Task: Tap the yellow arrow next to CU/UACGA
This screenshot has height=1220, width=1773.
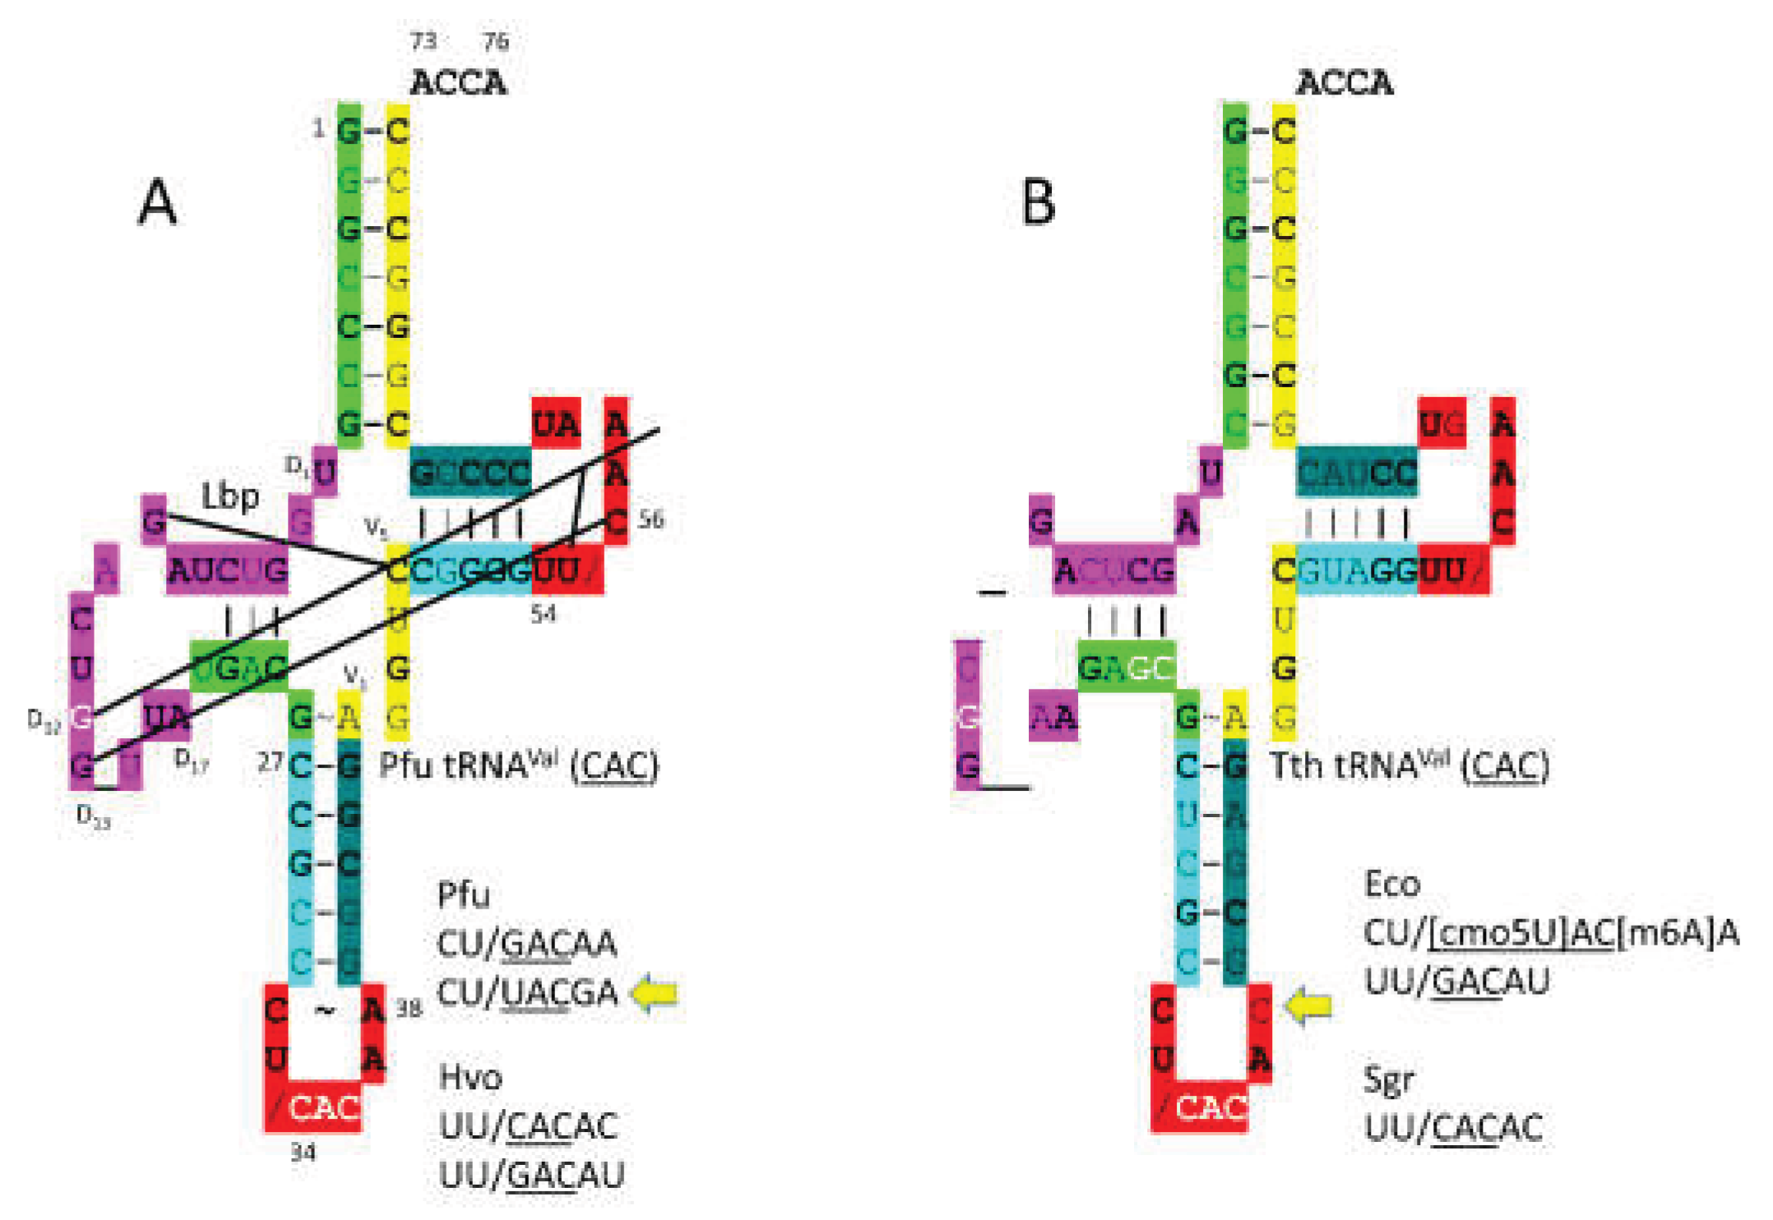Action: [655, 993]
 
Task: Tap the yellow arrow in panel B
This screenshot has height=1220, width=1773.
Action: [1308, 1006]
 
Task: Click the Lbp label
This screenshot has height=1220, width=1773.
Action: [230, 496]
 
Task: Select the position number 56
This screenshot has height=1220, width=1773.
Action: [650, 520]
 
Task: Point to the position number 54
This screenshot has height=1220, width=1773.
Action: [543, 614]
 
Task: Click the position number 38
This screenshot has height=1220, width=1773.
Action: [409, 1009]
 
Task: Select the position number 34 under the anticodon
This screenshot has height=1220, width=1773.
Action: [303, 1153]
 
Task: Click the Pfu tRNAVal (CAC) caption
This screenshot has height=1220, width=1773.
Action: [518, 765]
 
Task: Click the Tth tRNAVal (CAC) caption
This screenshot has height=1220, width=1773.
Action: [1409, 765]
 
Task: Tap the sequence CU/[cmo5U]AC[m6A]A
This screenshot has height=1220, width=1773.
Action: [1550, 933]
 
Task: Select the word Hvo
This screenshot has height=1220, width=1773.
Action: [470, 1077]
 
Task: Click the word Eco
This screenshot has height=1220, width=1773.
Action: [1391, 885]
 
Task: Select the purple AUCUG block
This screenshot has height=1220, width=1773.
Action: [227, 570]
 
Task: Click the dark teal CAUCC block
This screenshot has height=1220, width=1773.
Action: [1357, 473]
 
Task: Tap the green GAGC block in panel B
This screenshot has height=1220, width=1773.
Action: [1126, 668]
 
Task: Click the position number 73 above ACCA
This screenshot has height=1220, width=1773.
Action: [424, 41]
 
